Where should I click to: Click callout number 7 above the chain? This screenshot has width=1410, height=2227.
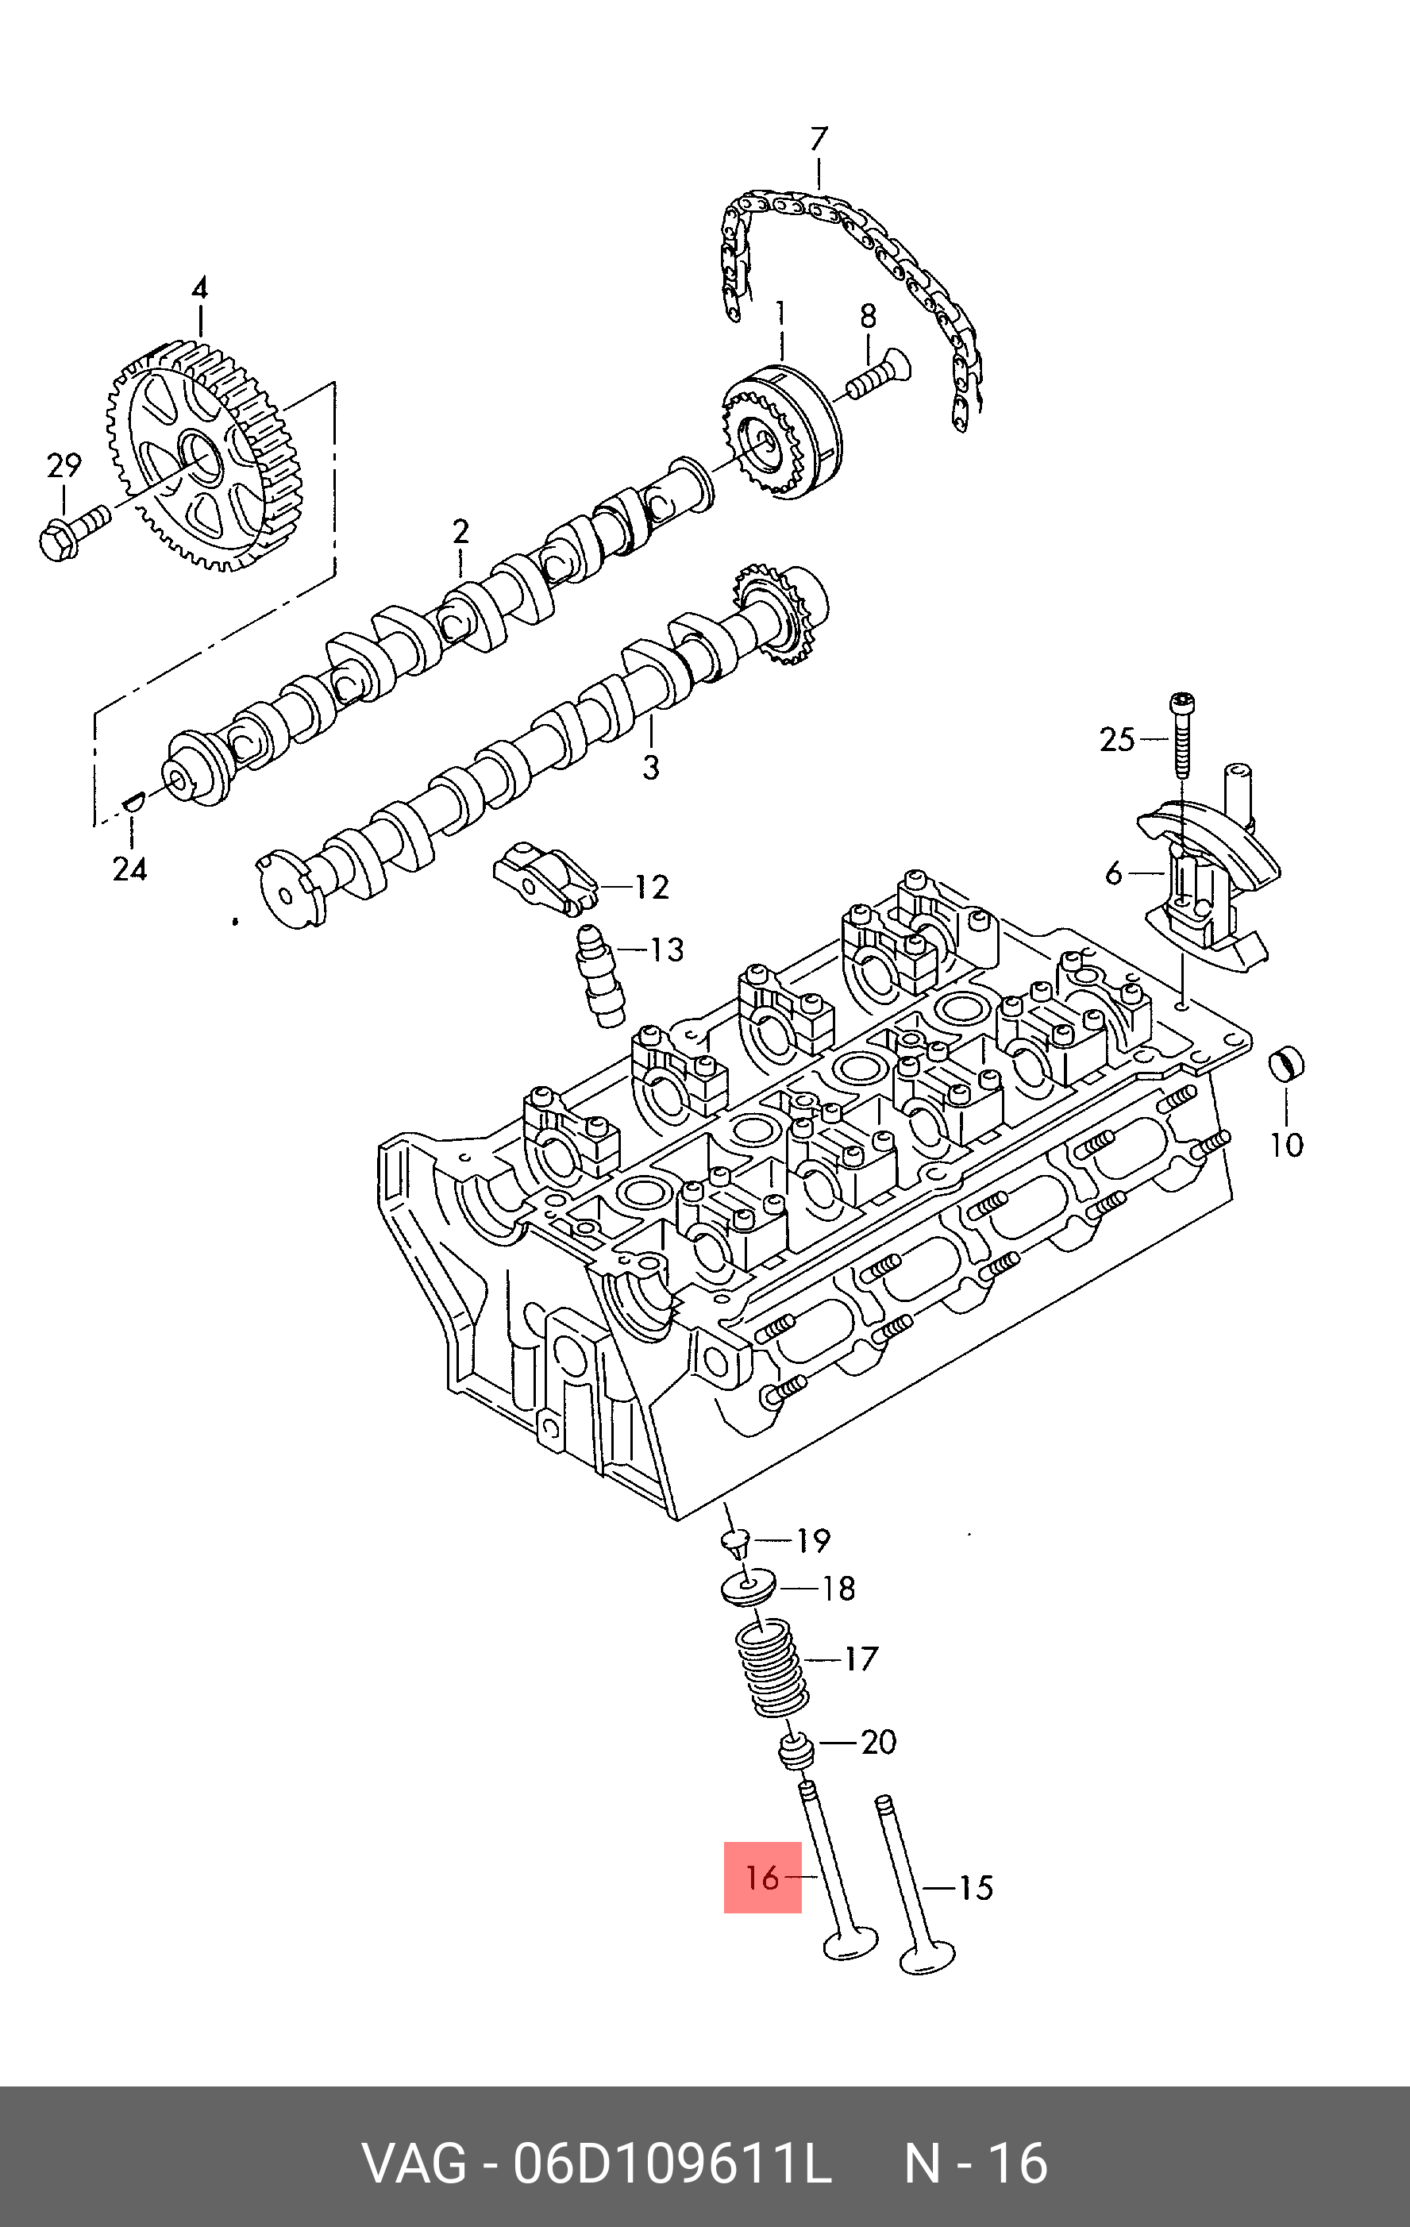pyautogui.click(x=819, y=140)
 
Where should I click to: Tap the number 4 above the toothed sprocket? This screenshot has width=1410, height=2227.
pyautogui.click(x=200, y=287)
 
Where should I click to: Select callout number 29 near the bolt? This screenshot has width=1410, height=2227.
pyautogui.click(x=64, y=465)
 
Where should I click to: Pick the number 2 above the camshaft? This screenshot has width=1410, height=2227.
pyautogui.click(x=460, y=532)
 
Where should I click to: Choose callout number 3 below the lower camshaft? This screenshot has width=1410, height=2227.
pyautogui.click(x=651, y=767)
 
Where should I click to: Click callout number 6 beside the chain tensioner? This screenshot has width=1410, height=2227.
pyautogui.click(x=1113, y=872)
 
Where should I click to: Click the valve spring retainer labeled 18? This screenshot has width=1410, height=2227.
pyautogui.click(x=747, y=1588)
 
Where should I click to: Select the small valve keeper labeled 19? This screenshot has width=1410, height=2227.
pyautogui.click(x=736, y=1540)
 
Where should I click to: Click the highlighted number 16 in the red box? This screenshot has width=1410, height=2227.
pyautogui.click(x=763, y=1878)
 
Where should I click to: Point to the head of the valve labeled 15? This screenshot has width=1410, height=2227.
pyautogui.click(x=927, y=1957)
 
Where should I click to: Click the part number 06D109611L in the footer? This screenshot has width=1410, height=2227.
pyautogui.click(x=672, y=2162)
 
